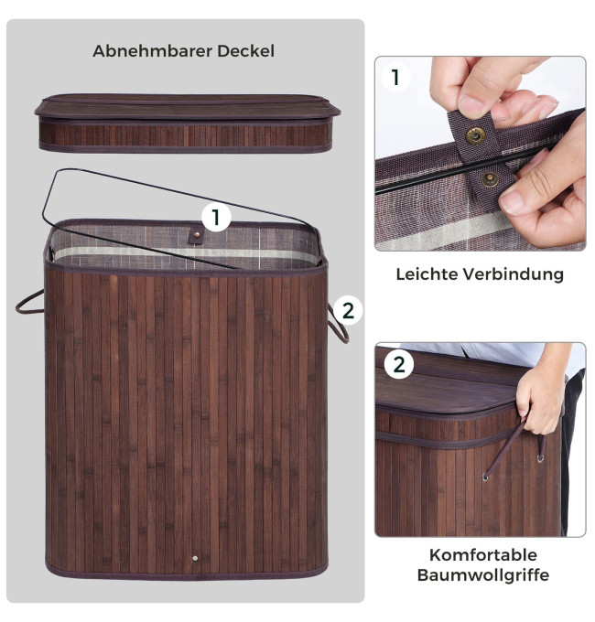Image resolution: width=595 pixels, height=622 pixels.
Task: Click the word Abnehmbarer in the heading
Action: point(153,51)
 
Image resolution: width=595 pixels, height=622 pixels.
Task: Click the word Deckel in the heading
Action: point(245,51)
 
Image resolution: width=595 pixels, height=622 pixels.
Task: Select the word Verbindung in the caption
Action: point(514,274)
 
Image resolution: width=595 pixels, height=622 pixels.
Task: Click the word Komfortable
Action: point(483,555)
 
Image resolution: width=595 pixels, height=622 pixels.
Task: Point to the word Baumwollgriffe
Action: point(483,574)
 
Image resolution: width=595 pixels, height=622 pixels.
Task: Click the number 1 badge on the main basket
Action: point(216,218)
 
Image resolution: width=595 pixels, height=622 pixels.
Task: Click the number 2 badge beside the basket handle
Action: point(347,311)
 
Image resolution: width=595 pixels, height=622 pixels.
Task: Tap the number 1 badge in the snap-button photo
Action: point(395,78)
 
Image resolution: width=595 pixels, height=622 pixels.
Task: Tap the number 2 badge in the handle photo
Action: point(398,365)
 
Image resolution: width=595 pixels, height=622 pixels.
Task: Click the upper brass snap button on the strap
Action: point(475,135)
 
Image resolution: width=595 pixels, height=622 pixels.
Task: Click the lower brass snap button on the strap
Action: point(491,179)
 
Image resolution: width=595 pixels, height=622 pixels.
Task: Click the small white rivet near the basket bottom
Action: point(195,558)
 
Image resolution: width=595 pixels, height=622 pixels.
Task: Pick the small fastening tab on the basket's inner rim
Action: point(195,236)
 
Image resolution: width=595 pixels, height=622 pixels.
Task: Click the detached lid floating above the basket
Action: point(188,123)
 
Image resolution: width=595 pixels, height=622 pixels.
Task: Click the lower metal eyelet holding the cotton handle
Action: point(485,477)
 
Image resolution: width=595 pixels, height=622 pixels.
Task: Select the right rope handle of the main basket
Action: point(338,324)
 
